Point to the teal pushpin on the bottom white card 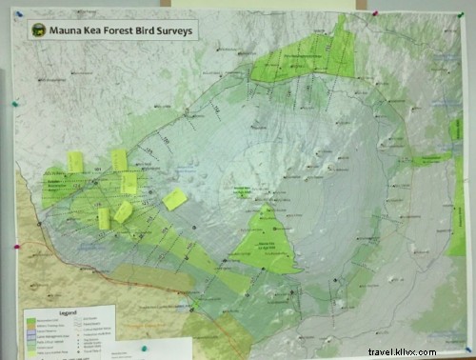point(143,349)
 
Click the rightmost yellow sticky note point(174,199)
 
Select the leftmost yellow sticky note point(75,162)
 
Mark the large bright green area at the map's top point(305,57)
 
